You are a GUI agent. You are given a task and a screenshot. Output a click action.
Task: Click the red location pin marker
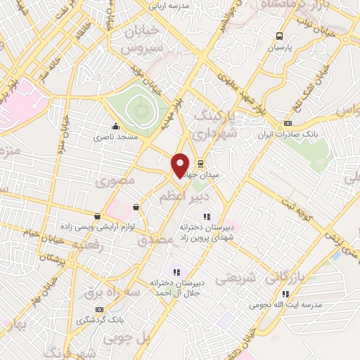tap(180, 164)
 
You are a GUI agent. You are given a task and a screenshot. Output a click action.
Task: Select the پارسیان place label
tap(280, 48)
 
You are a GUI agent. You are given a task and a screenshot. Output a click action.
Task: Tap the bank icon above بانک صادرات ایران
tap(287, 124)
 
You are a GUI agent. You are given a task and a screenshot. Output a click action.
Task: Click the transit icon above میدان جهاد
tap(200, 163)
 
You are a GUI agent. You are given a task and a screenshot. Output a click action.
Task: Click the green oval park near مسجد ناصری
tap(139, 108)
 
